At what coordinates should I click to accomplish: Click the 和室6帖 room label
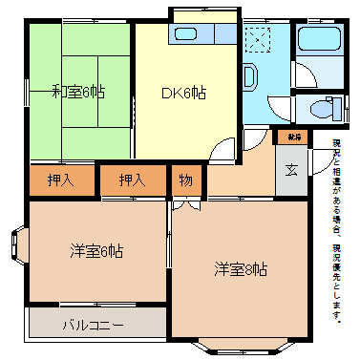click(x=78, y=92)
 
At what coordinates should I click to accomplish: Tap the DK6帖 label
click(x=183, y=93)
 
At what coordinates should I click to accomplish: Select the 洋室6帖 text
click(x=95, y=252)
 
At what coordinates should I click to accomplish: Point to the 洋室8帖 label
click(x=240, y=269)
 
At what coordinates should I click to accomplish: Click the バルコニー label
click(x=93, y=325)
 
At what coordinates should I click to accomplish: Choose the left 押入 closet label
click(x=61, y=180)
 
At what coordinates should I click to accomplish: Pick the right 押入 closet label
click(x=132, y=180)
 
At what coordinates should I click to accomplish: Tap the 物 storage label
click(x=184, y=180)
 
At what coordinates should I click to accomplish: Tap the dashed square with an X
click(x=258, y=41)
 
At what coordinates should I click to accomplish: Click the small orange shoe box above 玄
click(x=292, y=138)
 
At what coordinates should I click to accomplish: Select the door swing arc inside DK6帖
click(x=222, y=147)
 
